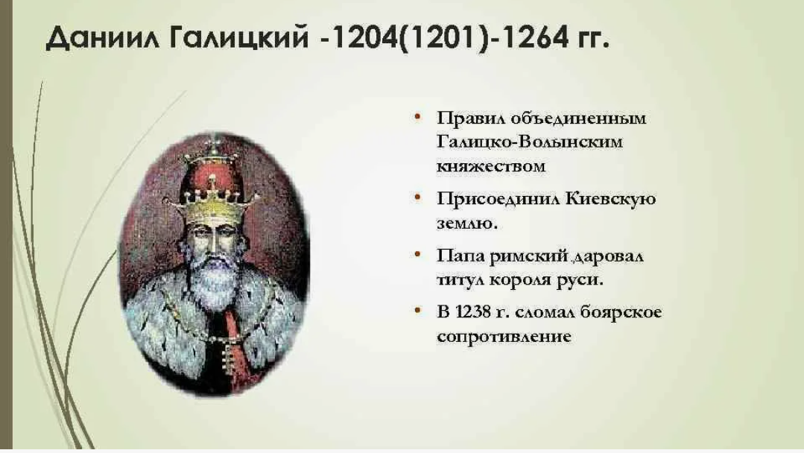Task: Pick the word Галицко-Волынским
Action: pos(530,142)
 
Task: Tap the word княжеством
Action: pos(491,166)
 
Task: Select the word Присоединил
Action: pos(498,199)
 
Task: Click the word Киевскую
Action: pos(611,198)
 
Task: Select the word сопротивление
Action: pos(504,337)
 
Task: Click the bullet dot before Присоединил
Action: pos(417,197)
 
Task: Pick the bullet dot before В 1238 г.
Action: pos(417,310)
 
